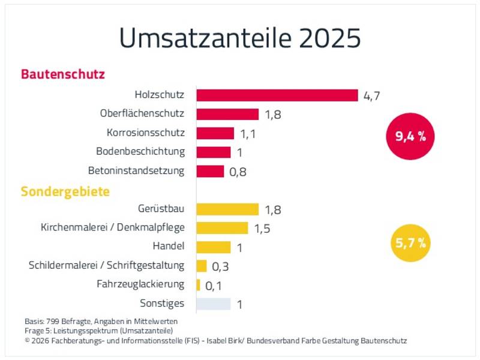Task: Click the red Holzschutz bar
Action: point(277,95)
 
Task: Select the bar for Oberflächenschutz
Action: point(227,114)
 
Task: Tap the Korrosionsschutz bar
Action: point(215,133)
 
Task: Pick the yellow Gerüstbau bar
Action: point(227,209)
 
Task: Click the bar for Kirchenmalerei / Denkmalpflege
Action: point(222,228)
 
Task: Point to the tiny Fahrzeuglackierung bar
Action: point(199,285)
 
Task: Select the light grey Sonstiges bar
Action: point(214,304)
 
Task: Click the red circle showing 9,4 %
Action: point(410,136)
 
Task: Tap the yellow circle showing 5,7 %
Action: point(410,243)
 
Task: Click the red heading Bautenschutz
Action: point(63,74)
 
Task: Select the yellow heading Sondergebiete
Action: point(65,191)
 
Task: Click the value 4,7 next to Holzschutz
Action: point(371,96)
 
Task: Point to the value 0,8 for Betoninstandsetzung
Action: point(238,172)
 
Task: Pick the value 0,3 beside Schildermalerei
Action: point(220,266)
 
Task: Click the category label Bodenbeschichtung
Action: point(140,152)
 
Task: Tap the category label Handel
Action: point(169,246)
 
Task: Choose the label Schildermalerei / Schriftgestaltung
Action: point(107,265)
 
